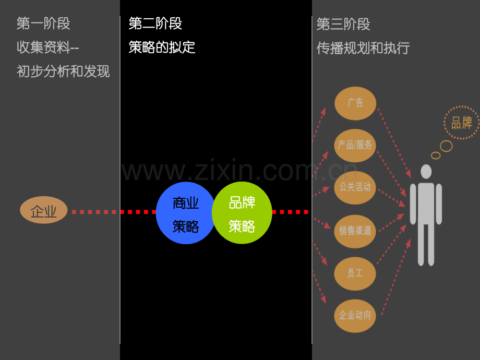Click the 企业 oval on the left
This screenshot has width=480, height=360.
coord(43,210)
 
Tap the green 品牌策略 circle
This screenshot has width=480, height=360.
coord(242,213)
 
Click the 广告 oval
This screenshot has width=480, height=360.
coord(355,103)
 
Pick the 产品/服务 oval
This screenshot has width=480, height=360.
coord(355,146)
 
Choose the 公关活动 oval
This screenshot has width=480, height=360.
coord(355,188)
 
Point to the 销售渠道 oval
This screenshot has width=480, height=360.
coord(355,231)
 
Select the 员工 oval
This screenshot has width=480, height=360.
coord(355,274)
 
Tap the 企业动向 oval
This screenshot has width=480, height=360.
coord(355,316)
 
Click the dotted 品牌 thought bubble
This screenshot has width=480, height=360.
coord(462,123)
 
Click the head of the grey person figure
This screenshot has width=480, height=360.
coord(426,172)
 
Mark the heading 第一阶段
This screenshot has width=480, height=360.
coord(43,23)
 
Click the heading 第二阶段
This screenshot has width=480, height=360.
coord(155,23)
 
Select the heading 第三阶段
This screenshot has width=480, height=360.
coord(343,24)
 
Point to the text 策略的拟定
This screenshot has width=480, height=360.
coord(162,47)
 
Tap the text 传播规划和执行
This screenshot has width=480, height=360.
coord(363,48)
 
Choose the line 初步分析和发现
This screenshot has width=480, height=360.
coord(63,71)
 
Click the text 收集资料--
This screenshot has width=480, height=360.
coord(48,47)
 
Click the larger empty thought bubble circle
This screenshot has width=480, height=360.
coord(446,146)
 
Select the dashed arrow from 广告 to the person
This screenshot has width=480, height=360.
coord(394,143)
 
